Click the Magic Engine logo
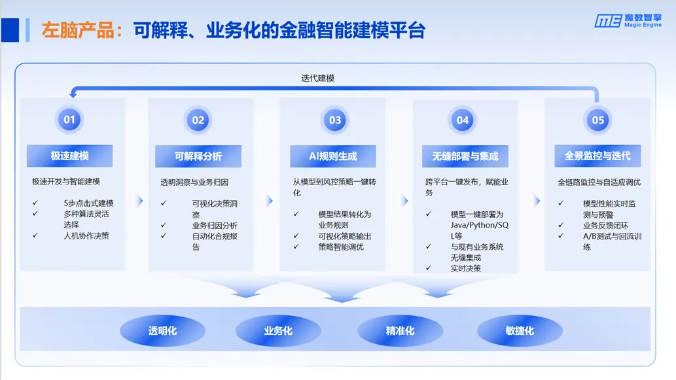pyautogui.click(x=628, y=21)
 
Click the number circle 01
pyautogui.click(x=69, y=119)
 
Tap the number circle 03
pyautogui.click(x=335, y=120)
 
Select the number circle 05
pyautogui.click(x=597, y=120)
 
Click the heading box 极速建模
pyautogui.click(x=70, y=156)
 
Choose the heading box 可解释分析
pyautogui.click(x=198, y=156)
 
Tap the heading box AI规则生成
pyautogui.click(x=333, y=156)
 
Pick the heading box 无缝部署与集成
pyautogui.click(x=465, y=156)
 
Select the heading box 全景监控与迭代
pyautogui.click(x=597, y=156)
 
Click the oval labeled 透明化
pyautogui.click(x=162, y=331)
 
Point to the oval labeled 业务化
pyautogui.click(x=278, y=331)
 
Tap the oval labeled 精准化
pyautogui.click(x=400, y=331)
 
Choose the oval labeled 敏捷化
pyautogui.click(x=520, y=331)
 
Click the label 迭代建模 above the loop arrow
pyautogui.click(x=318, y=78)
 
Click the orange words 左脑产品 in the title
pyautogui.click(x=78, y=31)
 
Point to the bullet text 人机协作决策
pyautogui.click(x=86, y=235)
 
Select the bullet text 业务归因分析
pyautogui.click(x=215, y=226)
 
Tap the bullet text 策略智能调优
pyautogui.click(x=341, y=247)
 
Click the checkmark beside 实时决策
pyautogui.click(x=429, y=268)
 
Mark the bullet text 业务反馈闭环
pyautogui.click(x=606, y=226)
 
